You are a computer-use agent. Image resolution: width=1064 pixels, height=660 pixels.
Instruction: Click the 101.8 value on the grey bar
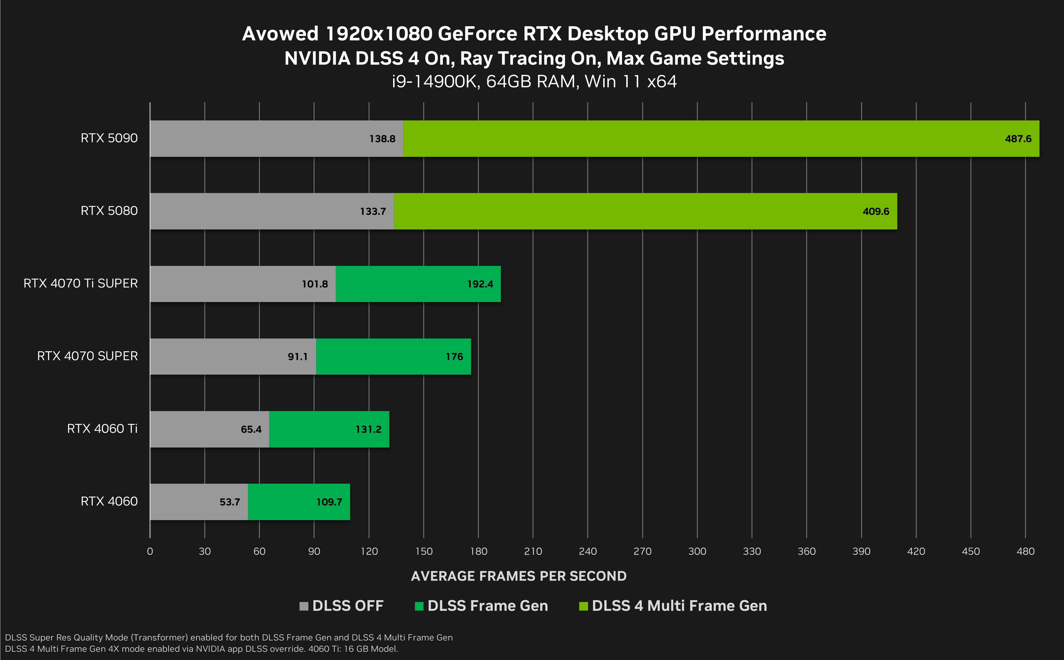[315, 284]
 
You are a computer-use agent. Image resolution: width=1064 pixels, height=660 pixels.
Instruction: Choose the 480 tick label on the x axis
[1025, 551]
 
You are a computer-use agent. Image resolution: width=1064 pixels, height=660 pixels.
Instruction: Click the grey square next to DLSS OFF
[304, 606]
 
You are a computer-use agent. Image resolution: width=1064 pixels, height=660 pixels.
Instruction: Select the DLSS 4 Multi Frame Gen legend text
[679, 606]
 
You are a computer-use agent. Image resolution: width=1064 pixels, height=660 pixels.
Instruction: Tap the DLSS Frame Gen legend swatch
[419, 606]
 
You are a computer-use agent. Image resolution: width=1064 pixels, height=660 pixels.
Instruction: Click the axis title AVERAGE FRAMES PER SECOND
[519, 576]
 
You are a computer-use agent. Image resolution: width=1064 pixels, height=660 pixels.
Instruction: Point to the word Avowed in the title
[280, 34]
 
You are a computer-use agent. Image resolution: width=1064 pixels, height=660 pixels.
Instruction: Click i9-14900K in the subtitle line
[435, 82]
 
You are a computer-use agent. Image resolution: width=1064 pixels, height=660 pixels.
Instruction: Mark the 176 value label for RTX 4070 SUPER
[454, 357]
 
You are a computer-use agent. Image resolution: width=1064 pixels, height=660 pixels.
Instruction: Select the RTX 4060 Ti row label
[102, 429]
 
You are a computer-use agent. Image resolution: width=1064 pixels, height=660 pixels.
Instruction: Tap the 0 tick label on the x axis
[150, 551]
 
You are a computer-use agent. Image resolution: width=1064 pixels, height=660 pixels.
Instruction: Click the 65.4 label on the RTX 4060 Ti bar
[251, 430]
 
